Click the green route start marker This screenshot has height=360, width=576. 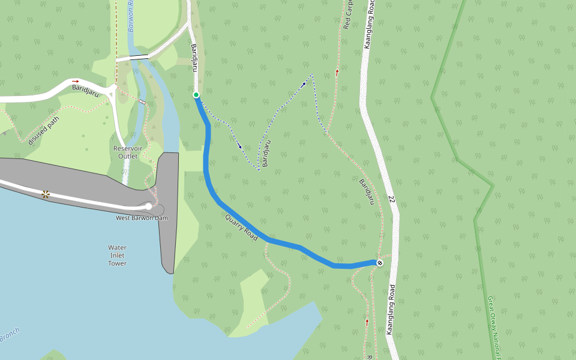[x=196, y=95]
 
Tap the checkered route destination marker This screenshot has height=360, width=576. [x=379, y=263]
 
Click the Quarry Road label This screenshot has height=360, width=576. [x=241, y=229]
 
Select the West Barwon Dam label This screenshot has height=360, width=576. [x=142, y=218]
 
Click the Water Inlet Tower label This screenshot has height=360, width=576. [x=118, y=255]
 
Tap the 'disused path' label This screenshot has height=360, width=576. [x=44, y=130]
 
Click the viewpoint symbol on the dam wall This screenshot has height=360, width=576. [x=46, y=194]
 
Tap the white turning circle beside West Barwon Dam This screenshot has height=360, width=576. [x=149, y=206]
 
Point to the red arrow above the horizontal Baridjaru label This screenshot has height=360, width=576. [x=76, y=81]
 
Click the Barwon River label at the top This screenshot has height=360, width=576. [x=131, y=16]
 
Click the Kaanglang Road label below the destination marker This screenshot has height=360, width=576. [x=390, y=309]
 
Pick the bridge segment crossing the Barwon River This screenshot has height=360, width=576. [x=139, y=56]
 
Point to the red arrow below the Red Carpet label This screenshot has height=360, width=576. [x=337, y=72]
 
